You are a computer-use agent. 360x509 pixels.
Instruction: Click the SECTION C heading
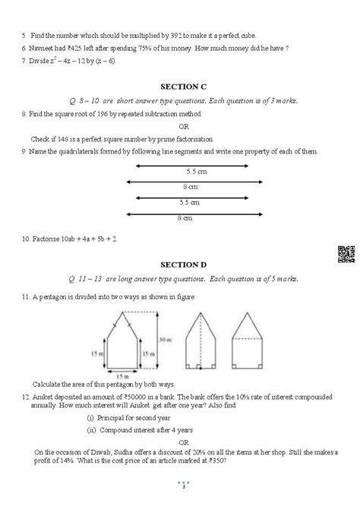point(179,87)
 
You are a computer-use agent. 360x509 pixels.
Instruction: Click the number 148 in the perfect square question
point(55,138)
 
